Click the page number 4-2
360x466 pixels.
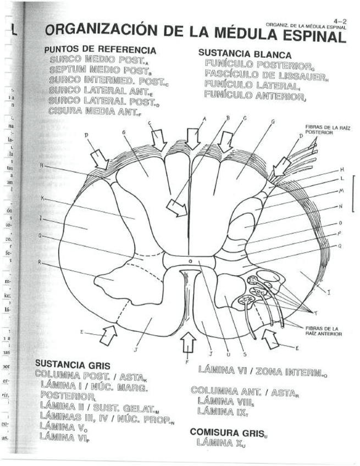[x=340, y=20]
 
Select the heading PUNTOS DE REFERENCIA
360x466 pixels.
[x=100, y=50]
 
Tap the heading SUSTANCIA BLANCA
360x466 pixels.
[x=236, y=53]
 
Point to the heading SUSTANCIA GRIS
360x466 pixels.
[x=72, y=364]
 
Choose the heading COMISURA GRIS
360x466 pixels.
[x=228, y=432]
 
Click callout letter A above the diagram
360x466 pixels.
[x=204, y=119]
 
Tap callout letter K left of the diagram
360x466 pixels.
[x=42, y=198]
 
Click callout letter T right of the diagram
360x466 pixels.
[x=315, y=313]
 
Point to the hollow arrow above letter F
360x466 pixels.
[x=188, y=344]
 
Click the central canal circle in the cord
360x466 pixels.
[x=190, y=262]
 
